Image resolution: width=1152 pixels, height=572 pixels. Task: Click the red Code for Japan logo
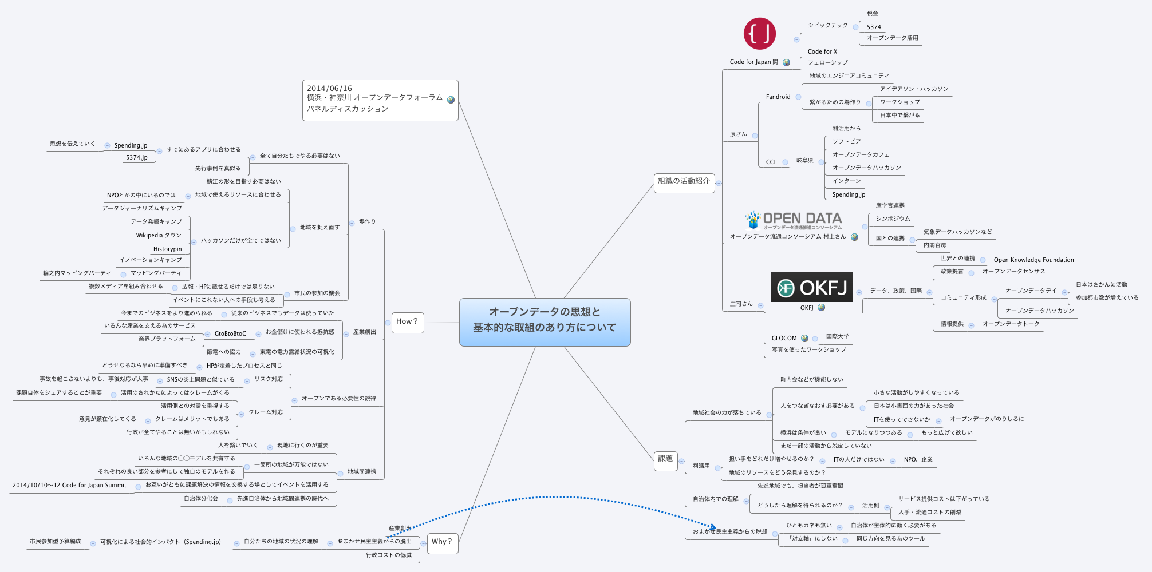759,33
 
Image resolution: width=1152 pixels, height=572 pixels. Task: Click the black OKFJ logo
812,287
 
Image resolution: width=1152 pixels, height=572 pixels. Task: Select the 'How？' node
407,322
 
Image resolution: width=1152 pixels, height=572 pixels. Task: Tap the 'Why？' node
442,542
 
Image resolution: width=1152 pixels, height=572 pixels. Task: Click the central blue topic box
545,322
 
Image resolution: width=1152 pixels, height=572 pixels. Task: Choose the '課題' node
665,459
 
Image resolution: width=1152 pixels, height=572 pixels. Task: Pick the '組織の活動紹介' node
684,181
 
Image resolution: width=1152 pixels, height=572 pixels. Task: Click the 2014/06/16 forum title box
380,100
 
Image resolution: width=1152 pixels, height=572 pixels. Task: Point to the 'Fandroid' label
778,97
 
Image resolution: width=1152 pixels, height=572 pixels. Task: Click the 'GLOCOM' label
784,338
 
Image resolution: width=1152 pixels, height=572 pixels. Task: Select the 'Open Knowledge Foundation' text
1033,260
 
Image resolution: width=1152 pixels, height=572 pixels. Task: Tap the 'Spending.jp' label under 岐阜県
849,194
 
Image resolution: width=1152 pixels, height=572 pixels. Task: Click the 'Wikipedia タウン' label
159,235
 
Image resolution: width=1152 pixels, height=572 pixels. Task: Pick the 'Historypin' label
167,249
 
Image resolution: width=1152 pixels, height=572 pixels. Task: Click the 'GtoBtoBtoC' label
230,333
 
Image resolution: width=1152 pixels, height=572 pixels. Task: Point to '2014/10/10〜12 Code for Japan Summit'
69,485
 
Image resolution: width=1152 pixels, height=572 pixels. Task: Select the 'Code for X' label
822,51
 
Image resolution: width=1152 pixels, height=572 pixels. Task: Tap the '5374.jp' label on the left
137,157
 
